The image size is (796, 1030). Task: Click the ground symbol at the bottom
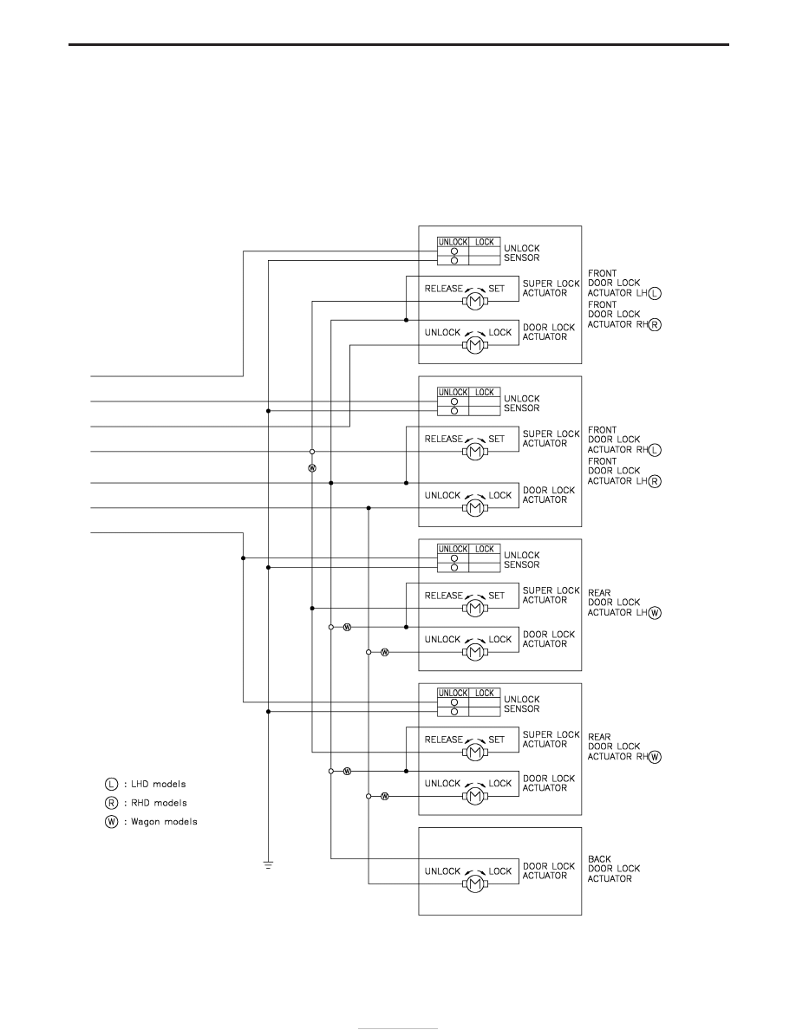268,864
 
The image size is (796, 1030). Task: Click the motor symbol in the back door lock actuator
474,883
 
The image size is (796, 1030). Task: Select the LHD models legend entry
145,785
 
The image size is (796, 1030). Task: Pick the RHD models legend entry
145,803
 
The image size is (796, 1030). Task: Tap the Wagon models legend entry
150,822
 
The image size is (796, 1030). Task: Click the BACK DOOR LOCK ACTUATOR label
613,869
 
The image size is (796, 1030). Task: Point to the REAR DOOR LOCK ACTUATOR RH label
624,746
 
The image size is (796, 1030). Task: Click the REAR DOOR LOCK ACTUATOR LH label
624,603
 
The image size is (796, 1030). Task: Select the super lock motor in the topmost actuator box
474,302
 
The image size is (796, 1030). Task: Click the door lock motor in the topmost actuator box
474,345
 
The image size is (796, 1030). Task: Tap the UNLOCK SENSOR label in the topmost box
521,253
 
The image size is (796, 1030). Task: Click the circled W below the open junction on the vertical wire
312,467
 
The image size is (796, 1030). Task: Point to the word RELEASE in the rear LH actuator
443,596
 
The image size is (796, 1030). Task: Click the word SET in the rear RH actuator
497,740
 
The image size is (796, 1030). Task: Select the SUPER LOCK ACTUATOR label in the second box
551,438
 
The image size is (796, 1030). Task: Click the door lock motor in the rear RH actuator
474,796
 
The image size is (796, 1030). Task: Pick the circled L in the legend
111,785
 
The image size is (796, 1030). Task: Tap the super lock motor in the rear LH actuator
474,609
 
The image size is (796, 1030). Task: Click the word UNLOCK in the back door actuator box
443,871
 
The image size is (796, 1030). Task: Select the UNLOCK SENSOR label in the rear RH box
521,704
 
